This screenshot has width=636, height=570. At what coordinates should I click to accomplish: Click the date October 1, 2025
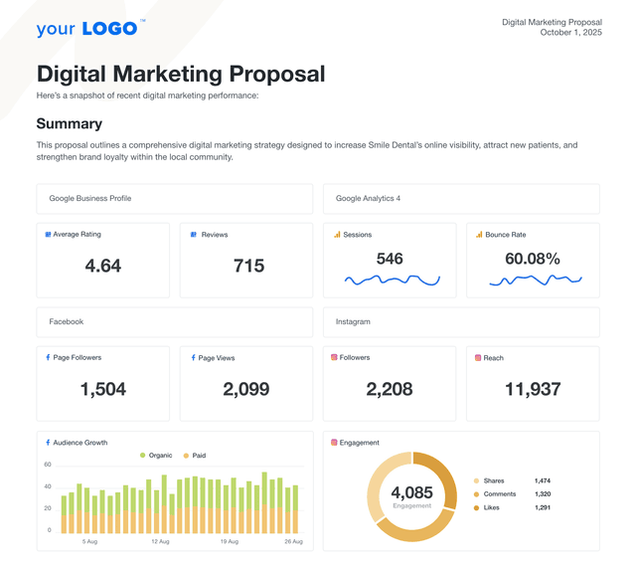570,33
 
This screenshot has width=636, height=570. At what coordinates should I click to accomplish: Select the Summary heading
69,124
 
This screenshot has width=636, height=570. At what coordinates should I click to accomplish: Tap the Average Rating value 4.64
103,266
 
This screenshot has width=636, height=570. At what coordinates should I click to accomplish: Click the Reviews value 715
248,266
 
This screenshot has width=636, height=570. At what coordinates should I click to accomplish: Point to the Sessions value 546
390,259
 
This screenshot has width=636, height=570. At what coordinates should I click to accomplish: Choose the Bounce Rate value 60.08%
533,259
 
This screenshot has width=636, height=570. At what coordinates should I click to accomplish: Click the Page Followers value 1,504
103,389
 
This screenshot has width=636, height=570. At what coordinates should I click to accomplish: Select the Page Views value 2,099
246,389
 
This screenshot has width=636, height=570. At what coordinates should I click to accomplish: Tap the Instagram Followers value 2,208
390,389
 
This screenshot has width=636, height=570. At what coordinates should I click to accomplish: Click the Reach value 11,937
533,389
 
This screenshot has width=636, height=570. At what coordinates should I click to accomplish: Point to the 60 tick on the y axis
47,465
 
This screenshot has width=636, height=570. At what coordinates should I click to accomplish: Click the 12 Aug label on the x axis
161,542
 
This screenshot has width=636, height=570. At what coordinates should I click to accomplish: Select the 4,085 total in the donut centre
411,492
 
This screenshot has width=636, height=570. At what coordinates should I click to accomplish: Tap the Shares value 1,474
543,480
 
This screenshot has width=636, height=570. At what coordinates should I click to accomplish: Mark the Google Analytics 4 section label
368,199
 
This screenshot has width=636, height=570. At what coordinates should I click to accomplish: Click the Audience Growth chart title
80,443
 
